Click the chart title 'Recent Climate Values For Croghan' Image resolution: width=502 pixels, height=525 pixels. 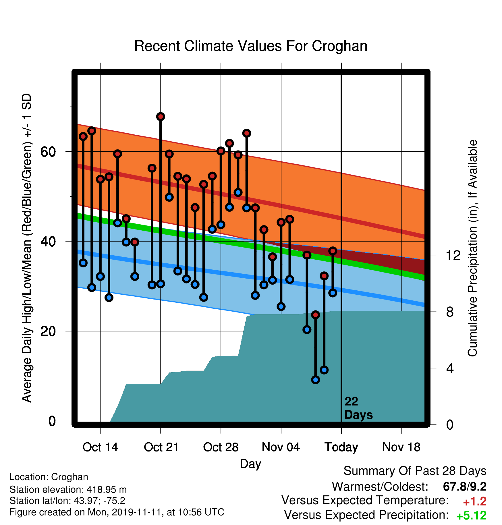click(251, 46)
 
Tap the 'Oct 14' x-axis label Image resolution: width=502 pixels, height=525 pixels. click(100, 447)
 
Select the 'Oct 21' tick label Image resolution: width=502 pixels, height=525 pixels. click(161, 447)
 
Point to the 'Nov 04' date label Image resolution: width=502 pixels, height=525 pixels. click(281, 447)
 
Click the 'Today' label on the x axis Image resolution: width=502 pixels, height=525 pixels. click(341, 447)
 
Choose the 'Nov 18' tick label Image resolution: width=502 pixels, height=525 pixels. click(401, 447)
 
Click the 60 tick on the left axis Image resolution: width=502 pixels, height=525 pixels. click(48, 152)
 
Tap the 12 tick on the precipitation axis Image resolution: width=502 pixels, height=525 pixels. click(453, 255)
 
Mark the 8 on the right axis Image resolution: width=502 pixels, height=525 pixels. click(450, 312)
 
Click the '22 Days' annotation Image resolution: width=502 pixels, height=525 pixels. click(358, 408)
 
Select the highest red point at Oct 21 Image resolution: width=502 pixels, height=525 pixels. click(161, 116)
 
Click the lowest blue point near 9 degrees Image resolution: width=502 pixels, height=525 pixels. click(316, 380)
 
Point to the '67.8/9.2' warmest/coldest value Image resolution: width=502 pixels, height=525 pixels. click(465, 487)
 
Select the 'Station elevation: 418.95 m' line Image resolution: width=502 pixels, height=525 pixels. click(68, 489)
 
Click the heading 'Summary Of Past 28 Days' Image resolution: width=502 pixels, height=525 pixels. click(415, 471)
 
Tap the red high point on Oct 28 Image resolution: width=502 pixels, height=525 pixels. click(221, 151)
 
